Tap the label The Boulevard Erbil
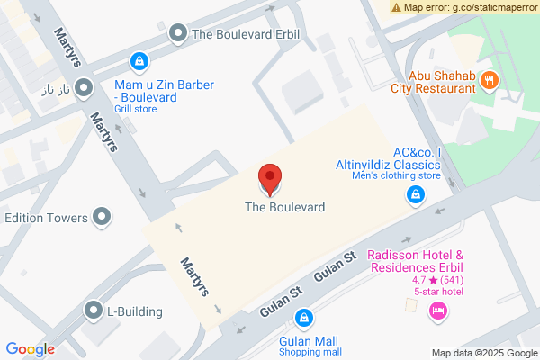pyautogui.click(x=245, y=35)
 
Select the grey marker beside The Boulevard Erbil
pyautogui.click(x=178, y=34)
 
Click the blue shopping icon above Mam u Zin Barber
pyautogui.click(x=139, y=61)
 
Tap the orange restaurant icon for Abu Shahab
pyautogui.click(x=490, y=79)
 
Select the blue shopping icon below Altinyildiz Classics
pyautogui.click(x=416, y=194)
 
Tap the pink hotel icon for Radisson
pyautogui.click(x=438, y=311)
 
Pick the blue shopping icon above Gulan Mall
pyautogui.click(x=305, y=319)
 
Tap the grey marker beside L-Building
pyautogui.click(x=93, y=311)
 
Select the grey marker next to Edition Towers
pyautogui.click(x=103, y=217)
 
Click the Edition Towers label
pyautogui.click(x=46, y=218)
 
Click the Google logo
pyautogui.click(x=30, y=349)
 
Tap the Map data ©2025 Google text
pyautogui.click(x=483, y=353)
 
